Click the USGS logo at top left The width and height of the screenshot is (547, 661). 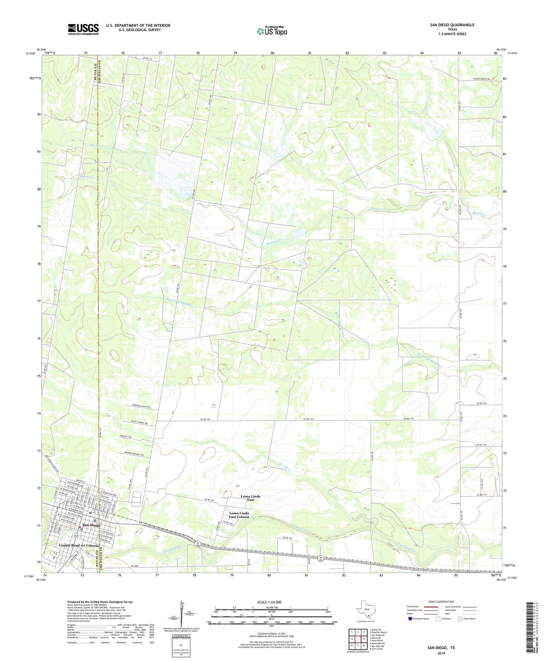83,29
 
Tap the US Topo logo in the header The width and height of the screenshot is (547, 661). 272,31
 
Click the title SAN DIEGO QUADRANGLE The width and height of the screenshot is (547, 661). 452,25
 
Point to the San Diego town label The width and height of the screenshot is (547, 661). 92,525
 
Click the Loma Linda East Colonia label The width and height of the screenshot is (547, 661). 239,514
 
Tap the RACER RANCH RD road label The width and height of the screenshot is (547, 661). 482,79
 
